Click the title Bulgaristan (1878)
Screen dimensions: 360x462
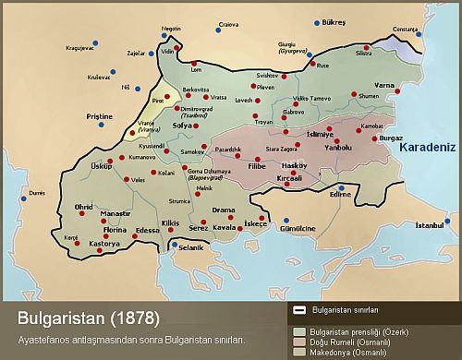pos(89,319)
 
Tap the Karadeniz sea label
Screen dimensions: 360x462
pos(429,146)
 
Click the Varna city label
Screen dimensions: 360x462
pos(385,84)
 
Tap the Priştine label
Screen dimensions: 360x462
pos(99,116)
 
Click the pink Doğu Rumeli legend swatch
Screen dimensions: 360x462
pos(300,341)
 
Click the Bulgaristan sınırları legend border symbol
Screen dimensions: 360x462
pos(300,310)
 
